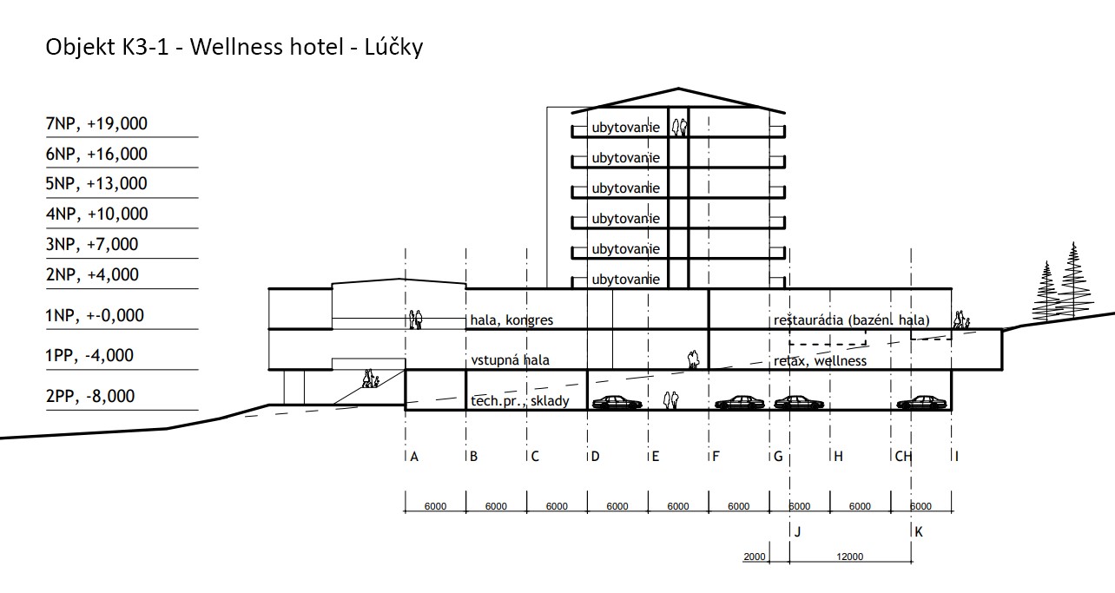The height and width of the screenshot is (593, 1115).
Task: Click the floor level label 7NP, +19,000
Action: [x=96, y=123]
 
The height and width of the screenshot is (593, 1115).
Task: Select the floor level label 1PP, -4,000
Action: [x=89, y=356]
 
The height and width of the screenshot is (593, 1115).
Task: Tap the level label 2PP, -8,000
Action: [x=90, y=396]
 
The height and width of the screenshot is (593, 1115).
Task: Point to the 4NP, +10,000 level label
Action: [x=97, y=214]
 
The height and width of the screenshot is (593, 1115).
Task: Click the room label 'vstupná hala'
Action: [x=511, y=359]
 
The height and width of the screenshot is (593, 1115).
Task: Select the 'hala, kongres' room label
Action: [x=511, y=320]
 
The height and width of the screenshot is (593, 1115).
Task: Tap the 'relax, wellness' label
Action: [x=820, y=360]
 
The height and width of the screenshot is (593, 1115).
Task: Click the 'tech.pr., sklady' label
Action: [x=519, y=401]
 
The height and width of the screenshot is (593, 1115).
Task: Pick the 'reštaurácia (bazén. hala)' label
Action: [x=851, y=320]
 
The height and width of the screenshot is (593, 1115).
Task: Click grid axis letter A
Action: [x=414, y=456]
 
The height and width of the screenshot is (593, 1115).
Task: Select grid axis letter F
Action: [x=716, y=456]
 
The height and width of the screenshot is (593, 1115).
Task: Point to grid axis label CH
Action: [x=903, y=456]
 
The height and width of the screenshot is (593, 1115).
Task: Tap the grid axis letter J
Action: [x=797, y=532]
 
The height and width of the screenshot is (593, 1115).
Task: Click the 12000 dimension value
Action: [x=849, y=557]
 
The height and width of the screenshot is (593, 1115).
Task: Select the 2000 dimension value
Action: [x=754, y=557]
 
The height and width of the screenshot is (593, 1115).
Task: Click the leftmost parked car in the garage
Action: [x=616, y=402]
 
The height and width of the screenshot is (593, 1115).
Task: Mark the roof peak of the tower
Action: [x=678, y=89]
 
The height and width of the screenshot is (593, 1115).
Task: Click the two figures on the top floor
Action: [x=679, y=127]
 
